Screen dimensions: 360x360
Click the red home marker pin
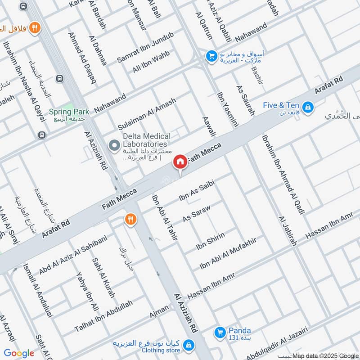pos(180,162)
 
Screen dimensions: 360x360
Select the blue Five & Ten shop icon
pos(308,107)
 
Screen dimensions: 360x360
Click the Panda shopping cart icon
pos(220,332)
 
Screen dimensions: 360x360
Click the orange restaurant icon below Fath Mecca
pos(130,220)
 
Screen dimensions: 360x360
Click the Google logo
pos(19,353)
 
